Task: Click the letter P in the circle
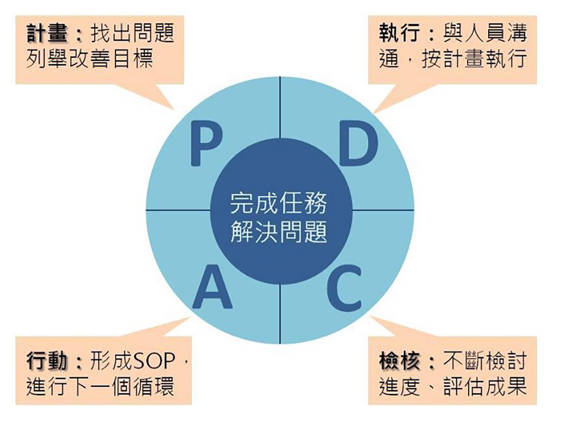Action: point(206,145)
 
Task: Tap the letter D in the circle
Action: point(358,145)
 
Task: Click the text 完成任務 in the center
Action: point(279,203)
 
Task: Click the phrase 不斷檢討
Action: point(484,363)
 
